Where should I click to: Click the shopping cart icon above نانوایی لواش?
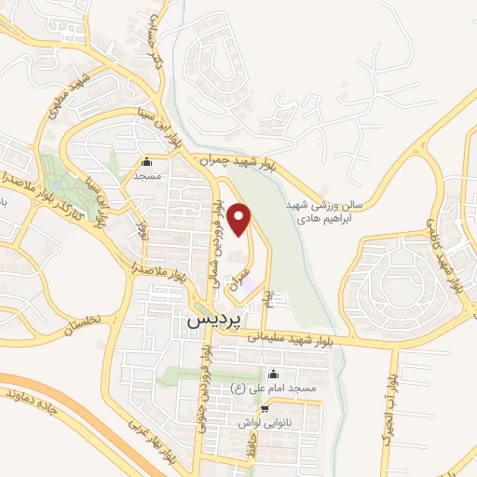click(x=265, y=408)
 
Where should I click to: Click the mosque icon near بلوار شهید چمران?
click(x=146, y=160)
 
